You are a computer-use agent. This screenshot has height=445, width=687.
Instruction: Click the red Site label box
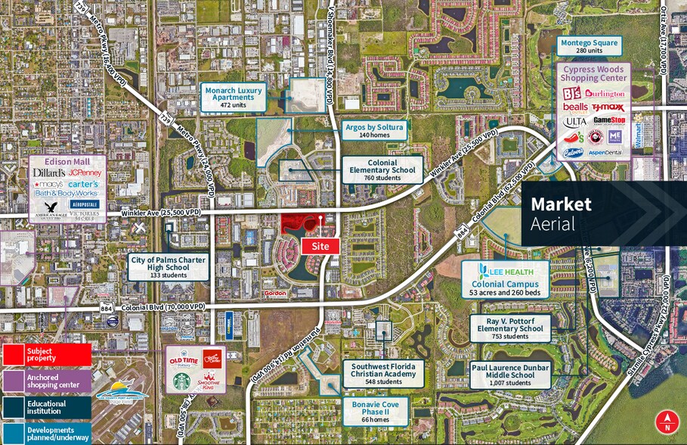pos(320,246)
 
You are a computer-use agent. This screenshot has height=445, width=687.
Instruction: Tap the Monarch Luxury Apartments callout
pos(234,96)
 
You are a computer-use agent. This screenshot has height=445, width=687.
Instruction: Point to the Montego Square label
pos(589,48)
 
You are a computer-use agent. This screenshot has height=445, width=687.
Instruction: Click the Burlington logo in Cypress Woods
pos(605,94)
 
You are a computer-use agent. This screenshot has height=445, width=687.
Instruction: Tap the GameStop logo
pos(608,120)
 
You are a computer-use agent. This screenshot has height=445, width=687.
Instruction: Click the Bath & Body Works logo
pos(67,194)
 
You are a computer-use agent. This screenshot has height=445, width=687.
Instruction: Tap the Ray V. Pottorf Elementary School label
pos(509,328)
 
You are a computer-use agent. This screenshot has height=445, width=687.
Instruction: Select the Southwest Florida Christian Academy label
pos(384,373)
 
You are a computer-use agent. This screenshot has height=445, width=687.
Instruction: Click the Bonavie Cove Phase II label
pos(375,411)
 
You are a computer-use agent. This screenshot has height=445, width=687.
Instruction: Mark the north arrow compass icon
pos(667,421)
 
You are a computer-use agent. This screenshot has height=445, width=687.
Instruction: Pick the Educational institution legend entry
pos(45,407)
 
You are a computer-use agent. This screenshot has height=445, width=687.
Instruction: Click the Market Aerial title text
pos(561,213)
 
